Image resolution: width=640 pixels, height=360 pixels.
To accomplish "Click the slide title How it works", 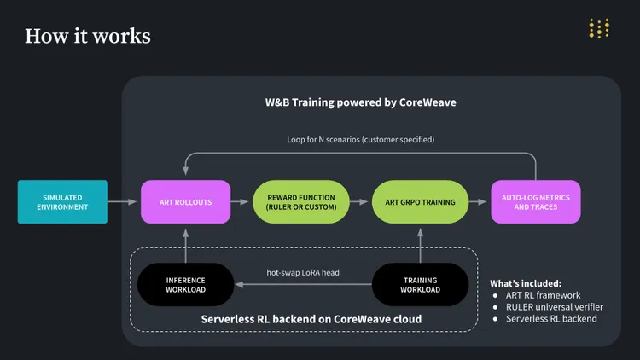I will tap(88, 36).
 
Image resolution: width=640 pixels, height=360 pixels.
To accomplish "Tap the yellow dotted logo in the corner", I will tap(599, 28).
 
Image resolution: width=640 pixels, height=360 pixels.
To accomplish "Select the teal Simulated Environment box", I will tap(62, 202).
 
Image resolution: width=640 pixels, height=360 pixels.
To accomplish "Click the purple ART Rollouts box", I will tap(185, 202).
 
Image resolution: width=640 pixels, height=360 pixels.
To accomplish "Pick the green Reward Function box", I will tap(300, 202).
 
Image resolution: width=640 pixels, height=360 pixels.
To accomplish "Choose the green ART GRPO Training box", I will tap(420, 202).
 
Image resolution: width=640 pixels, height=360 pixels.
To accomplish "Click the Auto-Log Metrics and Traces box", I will tap(536, 202).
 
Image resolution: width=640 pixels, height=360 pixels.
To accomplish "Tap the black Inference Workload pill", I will tap(185, 284).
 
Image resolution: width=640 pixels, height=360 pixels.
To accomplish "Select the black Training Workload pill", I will tap(420, 284).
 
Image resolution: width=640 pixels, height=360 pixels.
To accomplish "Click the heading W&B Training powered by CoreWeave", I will tap(360, 102).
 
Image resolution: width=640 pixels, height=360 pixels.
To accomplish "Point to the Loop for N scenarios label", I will tap(360, 139).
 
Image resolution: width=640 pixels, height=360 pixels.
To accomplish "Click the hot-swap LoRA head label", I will tap(303, 273).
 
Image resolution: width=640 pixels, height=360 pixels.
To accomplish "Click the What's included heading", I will tap(526, 283).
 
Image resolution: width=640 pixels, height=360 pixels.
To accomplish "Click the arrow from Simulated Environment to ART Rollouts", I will tap(124, 202).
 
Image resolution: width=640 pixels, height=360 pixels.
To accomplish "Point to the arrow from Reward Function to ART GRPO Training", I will tap(360, 202).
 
